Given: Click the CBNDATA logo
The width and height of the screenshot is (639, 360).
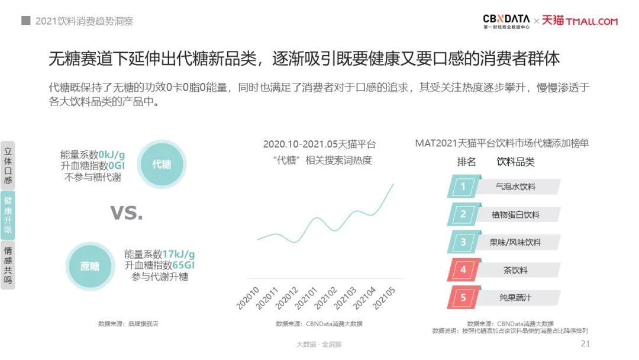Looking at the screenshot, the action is pyautogui.click(x=506, y=21).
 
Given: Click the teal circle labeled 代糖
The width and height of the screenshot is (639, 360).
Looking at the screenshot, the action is pyautogui.click(x=162, y=164).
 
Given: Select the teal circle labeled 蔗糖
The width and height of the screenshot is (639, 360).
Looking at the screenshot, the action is pyautogui.click(x=90, y=266).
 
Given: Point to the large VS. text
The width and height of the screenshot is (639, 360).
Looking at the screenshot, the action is pyautogui.click(x=127, y=213).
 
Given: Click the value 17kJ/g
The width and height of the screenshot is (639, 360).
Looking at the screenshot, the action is pyautogui.click(x=179, y=255).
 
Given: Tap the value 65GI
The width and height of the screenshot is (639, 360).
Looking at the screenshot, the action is pyautogui.click(x=183, y=265).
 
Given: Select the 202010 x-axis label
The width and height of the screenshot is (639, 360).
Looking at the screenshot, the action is pyautogui.click(x=248, y=298).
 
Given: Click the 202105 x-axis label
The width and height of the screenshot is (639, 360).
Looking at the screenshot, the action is pyautogui.click(x=384, y=298).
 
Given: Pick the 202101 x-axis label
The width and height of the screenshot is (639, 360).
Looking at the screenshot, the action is pyautogui.click(x=306, y=298).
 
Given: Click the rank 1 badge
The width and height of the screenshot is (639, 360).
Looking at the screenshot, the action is pyautogui.click(x=463, y=187).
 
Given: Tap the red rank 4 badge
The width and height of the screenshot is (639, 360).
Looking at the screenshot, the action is pyautogui.click(x=463, y=270).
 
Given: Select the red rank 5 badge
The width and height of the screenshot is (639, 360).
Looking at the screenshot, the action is pyautogui.click(x=463, y=298).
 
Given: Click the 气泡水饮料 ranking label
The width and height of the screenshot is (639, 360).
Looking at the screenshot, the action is pyautogui.click(x=515, y=187).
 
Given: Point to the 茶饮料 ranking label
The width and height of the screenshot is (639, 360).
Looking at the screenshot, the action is pyautogui.click(x=515, y=270).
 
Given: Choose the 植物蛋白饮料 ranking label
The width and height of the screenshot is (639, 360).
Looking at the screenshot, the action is pyautogui.click(x=515, y=214).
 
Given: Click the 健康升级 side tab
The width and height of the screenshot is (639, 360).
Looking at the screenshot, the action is pyautogui.click(x=8, y=215).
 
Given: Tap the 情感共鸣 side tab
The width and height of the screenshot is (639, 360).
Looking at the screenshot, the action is pyautogui.click(x=8, y=265).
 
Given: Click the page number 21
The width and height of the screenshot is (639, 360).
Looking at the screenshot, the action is pyautogui.click(x=585, y=343).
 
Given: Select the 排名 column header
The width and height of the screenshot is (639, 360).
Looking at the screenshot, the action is pyautogui.click(x=466, y=162).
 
